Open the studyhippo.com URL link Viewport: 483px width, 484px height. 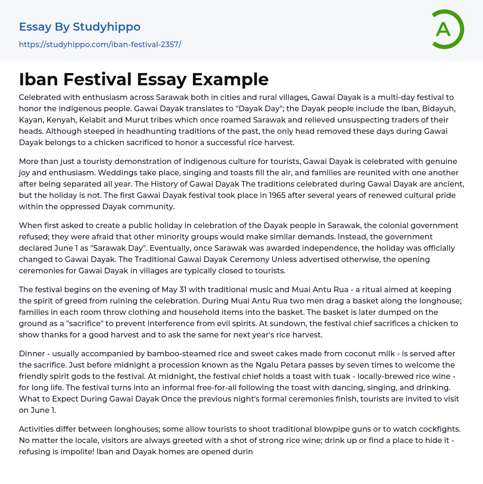tap(100, 44)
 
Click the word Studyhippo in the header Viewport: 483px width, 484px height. tap(107, 27)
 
